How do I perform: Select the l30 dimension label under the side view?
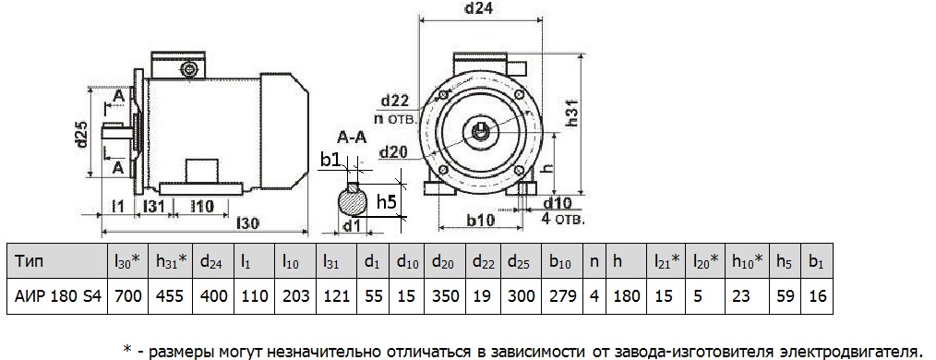pyautogui.click(x=247, y=222)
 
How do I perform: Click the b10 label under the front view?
pyautogui.click(x=479, y=222)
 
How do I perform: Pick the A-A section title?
pyautogui.click(x=354, y=140)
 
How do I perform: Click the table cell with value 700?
pyautogui.click(x=126, y=296)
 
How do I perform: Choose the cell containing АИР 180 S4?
pyautogui.click(x=56, y=296)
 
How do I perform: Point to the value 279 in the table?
pyautogui.click(x=561, y=296)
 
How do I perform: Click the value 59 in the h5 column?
pyautogui.click(x=784, y=296)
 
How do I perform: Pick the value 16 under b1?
pyautogui.click(x=816, y=296)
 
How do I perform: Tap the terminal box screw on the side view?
pyautogui.click(x=191, y=68)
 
